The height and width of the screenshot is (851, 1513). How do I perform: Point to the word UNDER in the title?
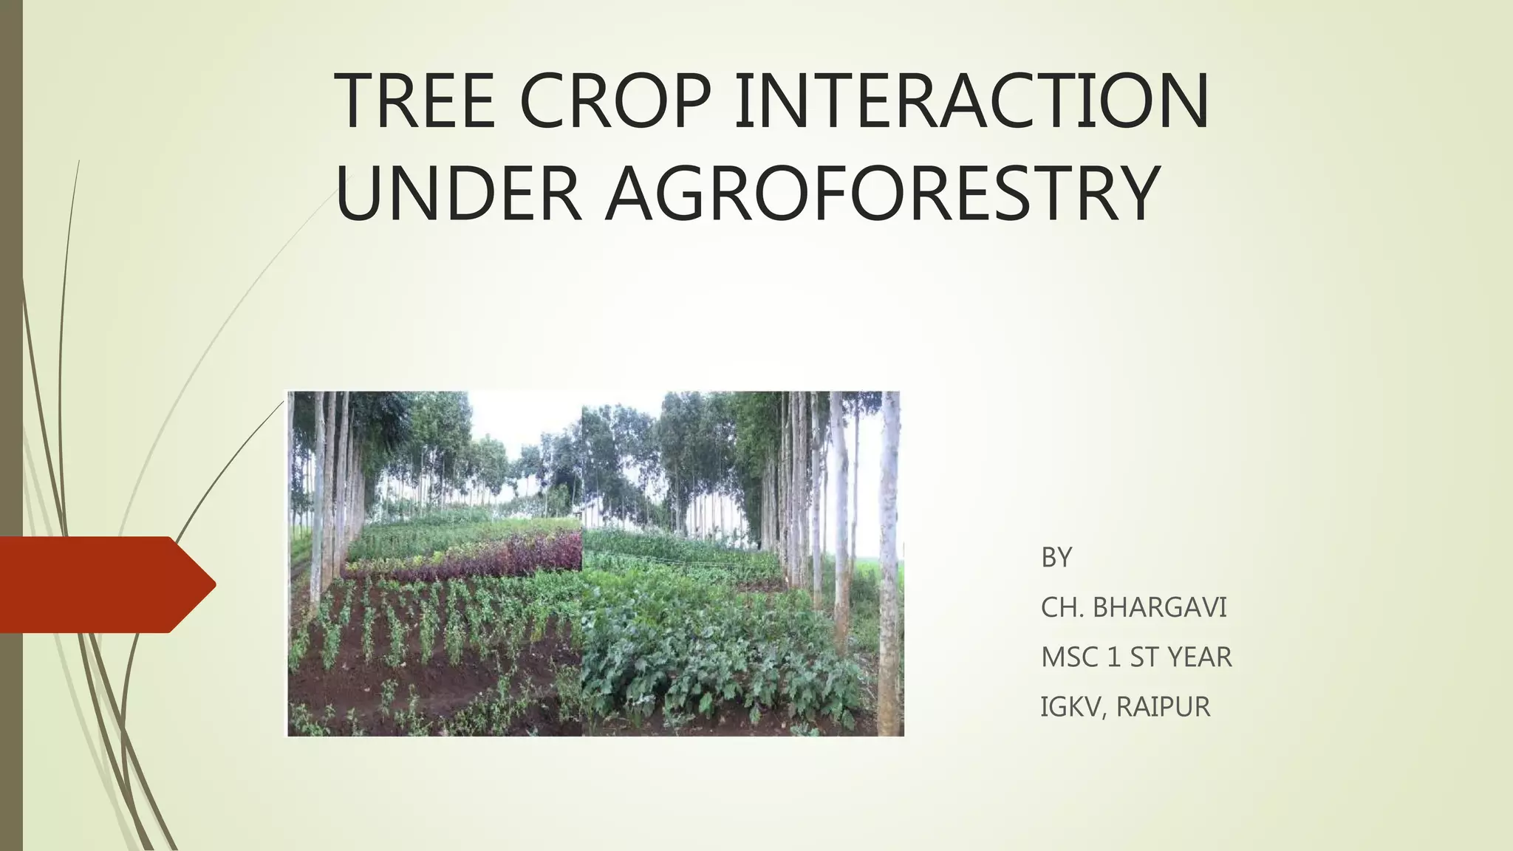coord(458,194)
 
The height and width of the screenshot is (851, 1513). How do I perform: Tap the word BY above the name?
coord(1056,558)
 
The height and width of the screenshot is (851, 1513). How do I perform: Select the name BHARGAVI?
coord(1159,607)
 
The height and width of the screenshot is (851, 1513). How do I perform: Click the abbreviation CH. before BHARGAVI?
coord(1062,607)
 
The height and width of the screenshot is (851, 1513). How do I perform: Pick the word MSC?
coord(1069,657)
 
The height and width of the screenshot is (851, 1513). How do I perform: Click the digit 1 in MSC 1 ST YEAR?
coord(1113,657)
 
